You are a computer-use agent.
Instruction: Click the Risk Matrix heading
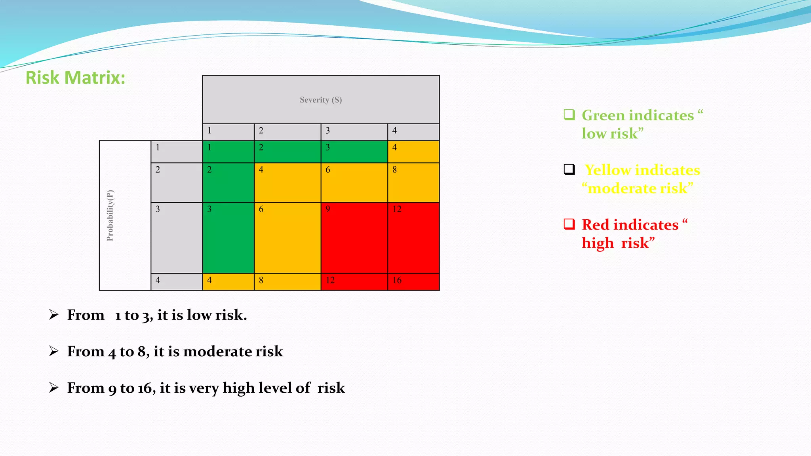tap(75, 78)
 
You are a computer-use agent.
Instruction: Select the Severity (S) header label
tap(320, 100)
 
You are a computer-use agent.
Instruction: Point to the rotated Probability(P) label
tap(110, 215)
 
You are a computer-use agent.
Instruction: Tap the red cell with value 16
tap(413, 281)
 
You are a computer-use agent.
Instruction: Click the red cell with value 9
tap(354, 237)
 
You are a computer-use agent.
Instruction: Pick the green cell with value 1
tap(228, 152)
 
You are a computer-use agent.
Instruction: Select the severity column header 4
tap(413, 131)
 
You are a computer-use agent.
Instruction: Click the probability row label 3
tap(176, 237)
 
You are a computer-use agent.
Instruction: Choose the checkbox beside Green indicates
tap(569, 115)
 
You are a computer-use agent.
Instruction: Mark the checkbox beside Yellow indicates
tap(569, 169)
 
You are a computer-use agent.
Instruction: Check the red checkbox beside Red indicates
tap(569, 224)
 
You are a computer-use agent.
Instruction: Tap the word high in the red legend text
tap(598, 243)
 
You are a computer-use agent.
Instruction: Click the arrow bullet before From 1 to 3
tap(54, 315)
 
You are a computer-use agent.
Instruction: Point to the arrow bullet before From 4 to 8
tap(54, 351)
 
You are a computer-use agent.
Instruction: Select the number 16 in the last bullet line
tap(145, 388)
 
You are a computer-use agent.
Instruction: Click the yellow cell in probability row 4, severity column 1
tap(228, 281)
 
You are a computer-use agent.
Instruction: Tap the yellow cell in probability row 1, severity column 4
tap(413, 152)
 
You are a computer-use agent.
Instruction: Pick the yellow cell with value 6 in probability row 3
tap(287, 237)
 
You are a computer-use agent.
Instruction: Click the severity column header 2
tap(287, 131)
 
